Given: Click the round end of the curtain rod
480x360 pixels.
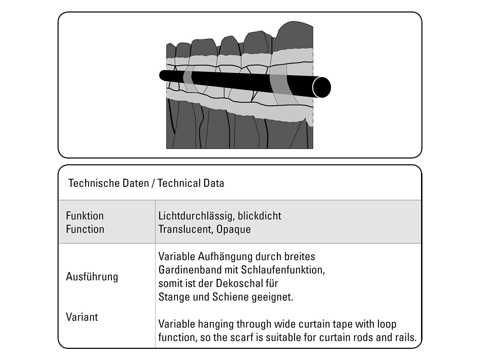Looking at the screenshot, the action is point(322,87).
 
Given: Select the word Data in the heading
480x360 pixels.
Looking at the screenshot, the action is point(214,183).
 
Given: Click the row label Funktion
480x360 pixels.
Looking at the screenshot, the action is point(85,216).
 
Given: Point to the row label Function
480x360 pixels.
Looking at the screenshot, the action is point(85,229).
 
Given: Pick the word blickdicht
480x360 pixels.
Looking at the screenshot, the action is point(259,216).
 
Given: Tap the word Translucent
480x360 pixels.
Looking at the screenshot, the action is point(186,229).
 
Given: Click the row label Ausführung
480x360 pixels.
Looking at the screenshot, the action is point(92,277).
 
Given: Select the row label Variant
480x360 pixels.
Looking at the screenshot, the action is point(82,317).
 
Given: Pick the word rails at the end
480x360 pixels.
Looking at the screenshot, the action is point(406,337).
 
